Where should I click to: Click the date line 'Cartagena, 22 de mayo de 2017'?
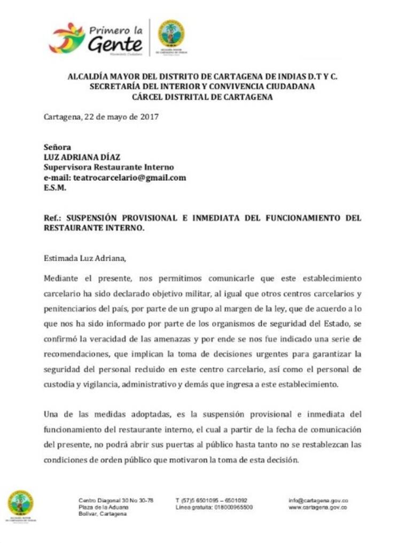pyautogui.click(x=101, y=116)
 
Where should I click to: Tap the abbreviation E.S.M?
pyautogui.click(x=54, y=188)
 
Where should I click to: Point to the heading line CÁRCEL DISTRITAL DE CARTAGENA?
pyautogui.click(x=202, y=97)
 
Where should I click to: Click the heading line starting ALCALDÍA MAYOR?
pyautogui.click(x=202, y=76)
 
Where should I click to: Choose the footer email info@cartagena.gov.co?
pyautogui.click(x=318, y=500)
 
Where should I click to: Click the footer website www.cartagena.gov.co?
pyautogui.click(x=318, y=507)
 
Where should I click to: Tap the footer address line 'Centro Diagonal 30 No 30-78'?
pyautogui.click(x=116, y=500)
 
